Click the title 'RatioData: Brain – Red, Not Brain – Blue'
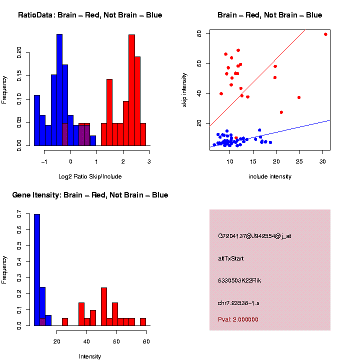[90, 15]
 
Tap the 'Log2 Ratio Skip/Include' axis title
[90, 176]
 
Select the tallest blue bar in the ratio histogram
[59, 90]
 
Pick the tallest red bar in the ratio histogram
[131, 90]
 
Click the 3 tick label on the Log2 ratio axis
[149, 161]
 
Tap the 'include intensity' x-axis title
[270, 176]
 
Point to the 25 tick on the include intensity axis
[299, 161]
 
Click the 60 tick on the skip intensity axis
[199, 63]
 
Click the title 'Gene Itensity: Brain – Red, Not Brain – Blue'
[90, 195]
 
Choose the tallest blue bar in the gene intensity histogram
[37, 270]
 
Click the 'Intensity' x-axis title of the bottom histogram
[90, 356]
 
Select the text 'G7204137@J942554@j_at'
[254, 236]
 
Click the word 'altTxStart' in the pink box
[231, 258]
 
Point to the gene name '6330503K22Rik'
[239, 280]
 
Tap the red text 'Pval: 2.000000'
[238, 319]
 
